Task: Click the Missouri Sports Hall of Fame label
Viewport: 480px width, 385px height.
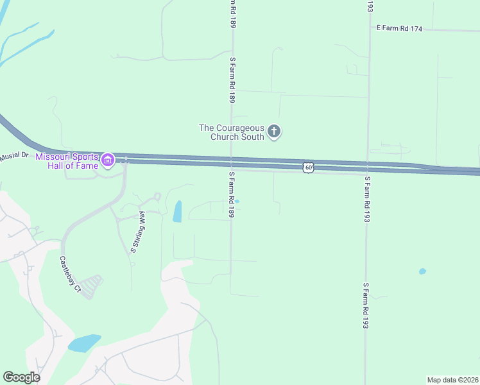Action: (x=67, y=161)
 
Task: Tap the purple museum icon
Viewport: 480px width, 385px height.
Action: (x=107, y=160)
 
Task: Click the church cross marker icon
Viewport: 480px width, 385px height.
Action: (x=274, y=132)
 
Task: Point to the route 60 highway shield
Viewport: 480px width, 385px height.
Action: (x=309, y=167)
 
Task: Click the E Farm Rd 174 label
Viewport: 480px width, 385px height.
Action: (x=399, y=28)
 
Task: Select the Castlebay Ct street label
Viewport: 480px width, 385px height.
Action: (x=69, y=275)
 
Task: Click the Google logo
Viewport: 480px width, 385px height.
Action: (x=22, y=377)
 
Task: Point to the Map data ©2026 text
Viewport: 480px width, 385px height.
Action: (x=452, y=380)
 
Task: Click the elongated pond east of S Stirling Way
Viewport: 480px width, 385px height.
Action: (x=177, y=211)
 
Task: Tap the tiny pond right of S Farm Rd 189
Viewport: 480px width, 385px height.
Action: (x=237, y=201)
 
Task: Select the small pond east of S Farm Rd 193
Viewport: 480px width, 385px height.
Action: (x=422, y=271)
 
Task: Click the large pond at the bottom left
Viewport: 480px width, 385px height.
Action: (x=84, y=343)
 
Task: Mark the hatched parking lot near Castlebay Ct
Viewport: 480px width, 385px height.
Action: (x=92, y=286)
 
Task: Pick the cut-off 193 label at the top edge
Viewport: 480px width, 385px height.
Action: (x=370, y=6)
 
